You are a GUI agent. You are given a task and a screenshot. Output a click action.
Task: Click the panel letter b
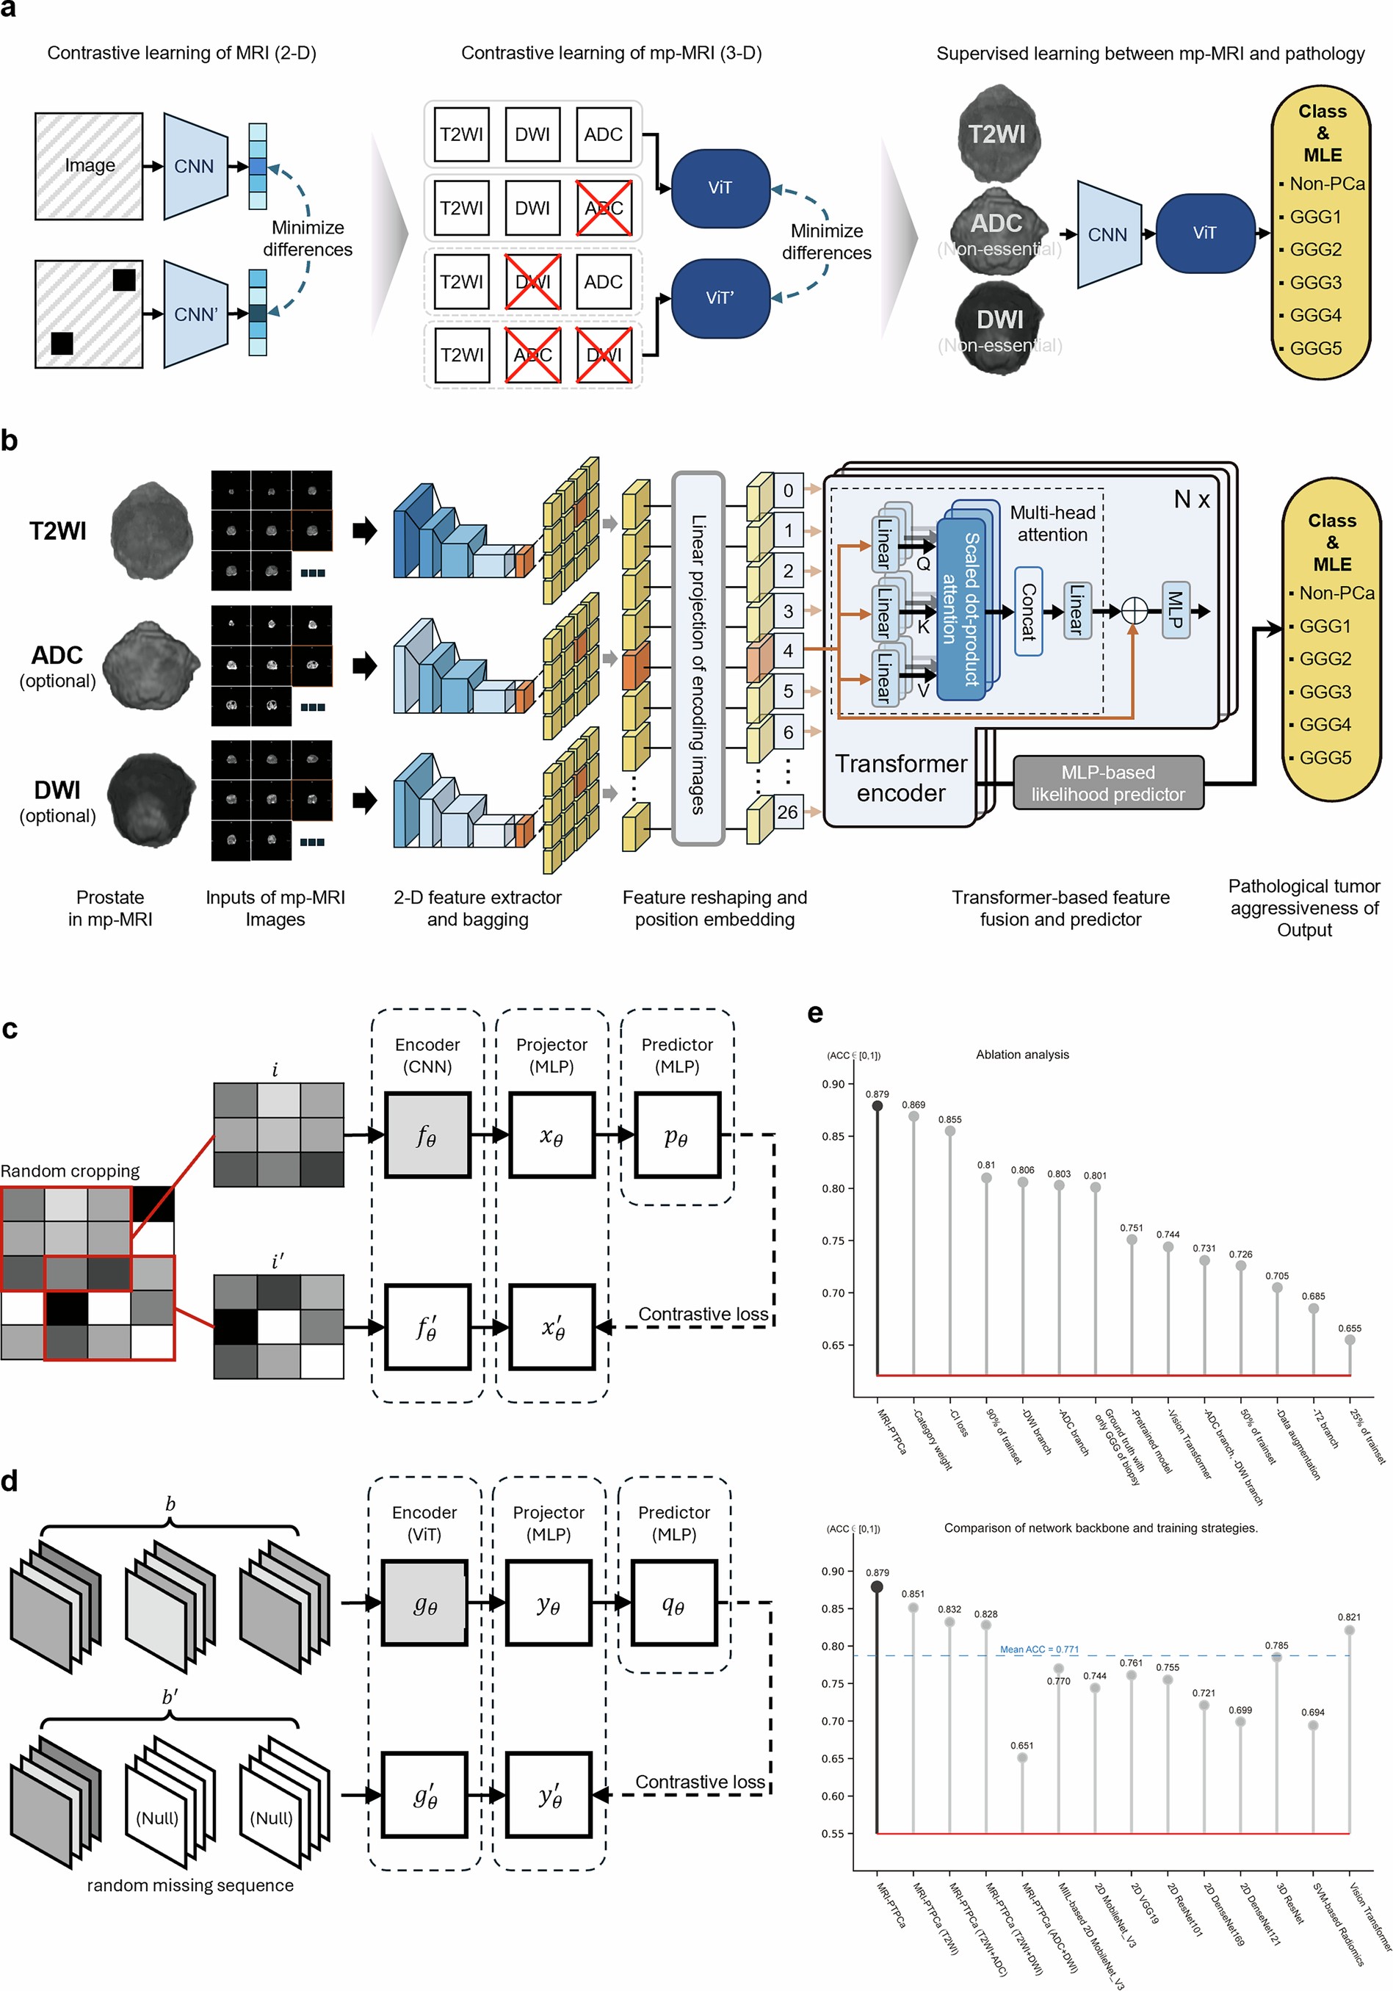coord(10,441)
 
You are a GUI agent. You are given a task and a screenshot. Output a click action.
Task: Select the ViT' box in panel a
coord(720,298)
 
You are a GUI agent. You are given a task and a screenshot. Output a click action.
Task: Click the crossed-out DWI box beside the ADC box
coord(532,282)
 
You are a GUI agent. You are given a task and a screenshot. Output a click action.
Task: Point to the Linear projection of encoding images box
coord(698,659)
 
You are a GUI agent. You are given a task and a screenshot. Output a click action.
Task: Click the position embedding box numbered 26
coord(787,812)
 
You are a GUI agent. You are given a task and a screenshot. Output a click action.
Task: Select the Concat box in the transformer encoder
coord(1027,611)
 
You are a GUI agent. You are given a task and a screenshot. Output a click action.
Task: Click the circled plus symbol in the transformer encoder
coord(1134,611)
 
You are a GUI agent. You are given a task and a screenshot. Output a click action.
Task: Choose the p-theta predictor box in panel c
coord(677,1136)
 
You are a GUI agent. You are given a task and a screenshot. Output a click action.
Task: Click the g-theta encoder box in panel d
coord(424,1604)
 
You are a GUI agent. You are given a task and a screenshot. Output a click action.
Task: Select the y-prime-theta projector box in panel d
coord(549,1795)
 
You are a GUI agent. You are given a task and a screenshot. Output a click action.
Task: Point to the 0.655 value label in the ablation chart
coord(1349,1328)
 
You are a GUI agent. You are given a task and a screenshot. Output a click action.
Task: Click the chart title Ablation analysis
coord(1022,1055)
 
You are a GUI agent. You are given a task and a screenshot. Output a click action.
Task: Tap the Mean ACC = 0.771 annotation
coord(1038,1649)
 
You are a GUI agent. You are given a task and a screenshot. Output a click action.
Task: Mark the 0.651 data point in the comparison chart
coord(1022,1757)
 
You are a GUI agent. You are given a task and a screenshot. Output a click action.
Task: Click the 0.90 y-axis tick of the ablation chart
coord(833,1084)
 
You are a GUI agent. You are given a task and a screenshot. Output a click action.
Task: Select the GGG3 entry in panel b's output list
coord(1325,692)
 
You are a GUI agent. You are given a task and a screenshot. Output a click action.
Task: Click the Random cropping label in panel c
coord(69,1171)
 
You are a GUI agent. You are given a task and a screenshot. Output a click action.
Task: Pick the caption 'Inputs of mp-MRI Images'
coord(275,908)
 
